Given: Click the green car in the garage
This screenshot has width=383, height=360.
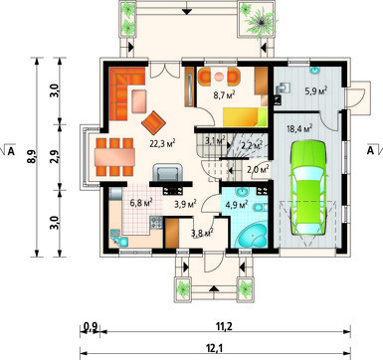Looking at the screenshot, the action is point(308,188).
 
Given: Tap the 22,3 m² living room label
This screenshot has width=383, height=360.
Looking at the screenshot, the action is point(162,143).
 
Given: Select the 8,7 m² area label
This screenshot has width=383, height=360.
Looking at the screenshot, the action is point(225,95).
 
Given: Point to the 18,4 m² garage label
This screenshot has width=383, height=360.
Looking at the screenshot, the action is point(299,128).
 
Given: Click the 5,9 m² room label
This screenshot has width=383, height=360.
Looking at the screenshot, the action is point(316,90).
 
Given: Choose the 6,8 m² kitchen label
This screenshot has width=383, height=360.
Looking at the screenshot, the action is point(141,202).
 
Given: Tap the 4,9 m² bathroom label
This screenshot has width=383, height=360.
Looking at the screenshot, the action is point(237,205).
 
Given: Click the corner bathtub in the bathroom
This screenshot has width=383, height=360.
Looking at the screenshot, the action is point(252,236).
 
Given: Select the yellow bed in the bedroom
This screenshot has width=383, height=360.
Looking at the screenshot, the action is point(245,117).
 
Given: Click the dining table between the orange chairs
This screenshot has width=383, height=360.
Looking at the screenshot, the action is point(114,157).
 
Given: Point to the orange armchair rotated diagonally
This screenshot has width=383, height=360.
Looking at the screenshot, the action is point(153,122).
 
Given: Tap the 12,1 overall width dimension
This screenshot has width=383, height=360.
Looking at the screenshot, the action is point(216,348).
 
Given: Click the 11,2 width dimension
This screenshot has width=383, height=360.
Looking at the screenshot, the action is point(224,327).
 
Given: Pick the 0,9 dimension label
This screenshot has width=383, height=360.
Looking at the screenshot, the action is point(91,327).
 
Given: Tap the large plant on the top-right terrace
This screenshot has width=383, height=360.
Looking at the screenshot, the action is point(262,22).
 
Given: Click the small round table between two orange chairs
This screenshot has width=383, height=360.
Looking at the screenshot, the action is point(219,77).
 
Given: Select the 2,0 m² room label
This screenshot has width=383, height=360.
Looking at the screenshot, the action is point(258,170).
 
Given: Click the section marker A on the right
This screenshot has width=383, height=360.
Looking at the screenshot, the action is point(371,150).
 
